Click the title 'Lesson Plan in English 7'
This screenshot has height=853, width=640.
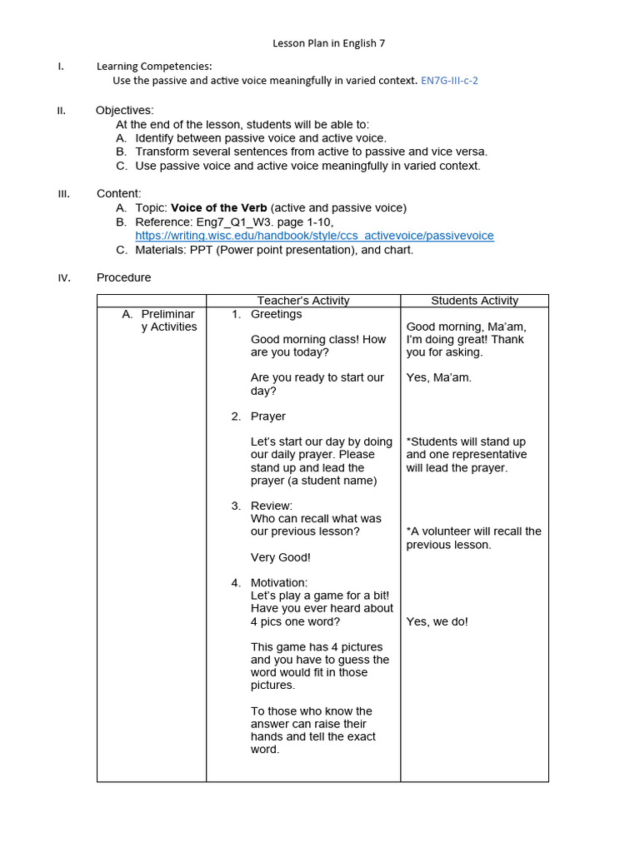[329, 42]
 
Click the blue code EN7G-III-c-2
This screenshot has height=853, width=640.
[449, 81]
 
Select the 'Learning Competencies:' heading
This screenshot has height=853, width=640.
[154, 66]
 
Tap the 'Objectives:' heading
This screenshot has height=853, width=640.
[124, 110]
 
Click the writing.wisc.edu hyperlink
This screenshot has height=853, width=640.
[314, 236]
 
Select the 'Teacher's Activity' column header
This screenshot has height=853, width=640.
[303, 301]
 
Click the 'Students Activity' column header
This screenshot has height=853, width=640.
[474, 301]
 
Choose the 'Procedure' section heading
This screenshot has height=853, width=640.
[123, 277]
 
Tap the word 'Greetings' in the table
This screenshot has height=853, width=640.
[276, 314]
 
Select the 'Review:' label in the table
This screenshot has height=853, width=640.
[271, 506]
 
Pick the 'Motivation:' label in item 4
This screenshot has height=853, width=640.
[278, 582]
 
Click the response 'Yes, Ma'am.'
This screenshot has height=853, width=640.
[438, 377]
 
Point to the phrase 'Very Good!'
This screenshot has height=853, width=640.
[280, 557]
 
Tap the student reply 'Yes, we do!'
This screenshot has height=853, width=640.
[437, 621]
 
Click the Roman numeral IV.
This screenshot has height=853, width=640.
[64, 278]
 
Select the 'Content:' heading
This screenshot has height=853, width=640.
[118, 193]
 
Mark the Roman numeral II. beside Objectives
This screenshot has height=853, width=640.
[62, 111]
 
